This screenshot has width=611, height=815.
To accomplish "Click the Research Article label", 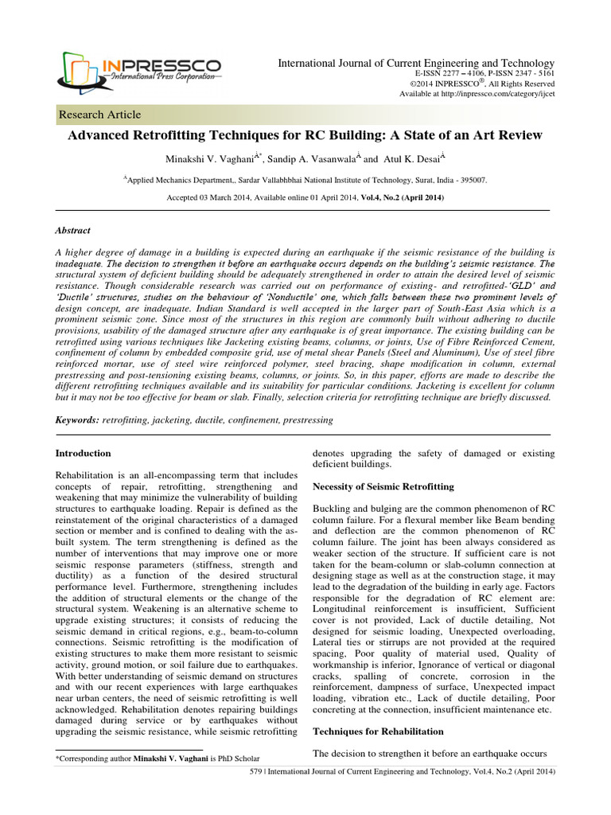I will tap(100, 115).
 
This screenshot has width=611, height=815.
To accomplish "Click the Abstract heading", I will tap(72, 230).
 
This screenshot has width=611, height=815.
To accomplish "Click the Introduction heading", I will tap(83, 453).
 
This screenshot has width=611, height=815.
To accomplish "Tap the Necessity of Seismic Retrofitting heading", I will tap(383, 486).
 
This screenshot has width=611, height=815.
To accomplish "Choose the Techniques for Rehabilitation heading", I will tap(378, 731).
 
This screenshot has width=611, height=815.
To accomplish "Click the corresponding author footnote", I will tap(157, 758).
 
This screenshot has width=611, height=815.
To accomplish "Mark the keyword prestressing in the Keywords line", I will tap(305, 419).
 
